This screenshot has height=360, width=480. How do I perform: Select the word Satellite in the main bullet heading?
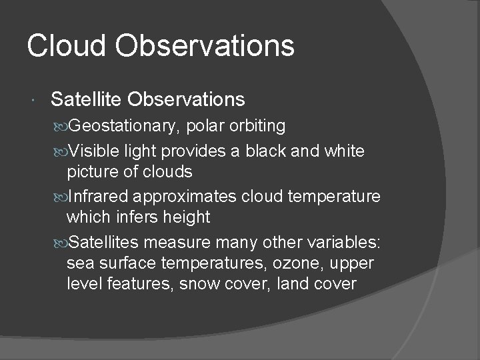(x=87, y=100)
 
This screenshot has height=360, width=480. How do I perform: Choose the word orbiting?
(x=257, y=126)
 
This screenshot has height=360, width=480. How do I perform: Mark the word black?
(x=285, y=151)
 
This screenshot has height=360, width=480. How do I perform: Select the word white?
(x=342, y=151)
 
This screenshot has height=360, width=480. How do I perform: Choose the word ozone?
(x=288, y=263)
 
